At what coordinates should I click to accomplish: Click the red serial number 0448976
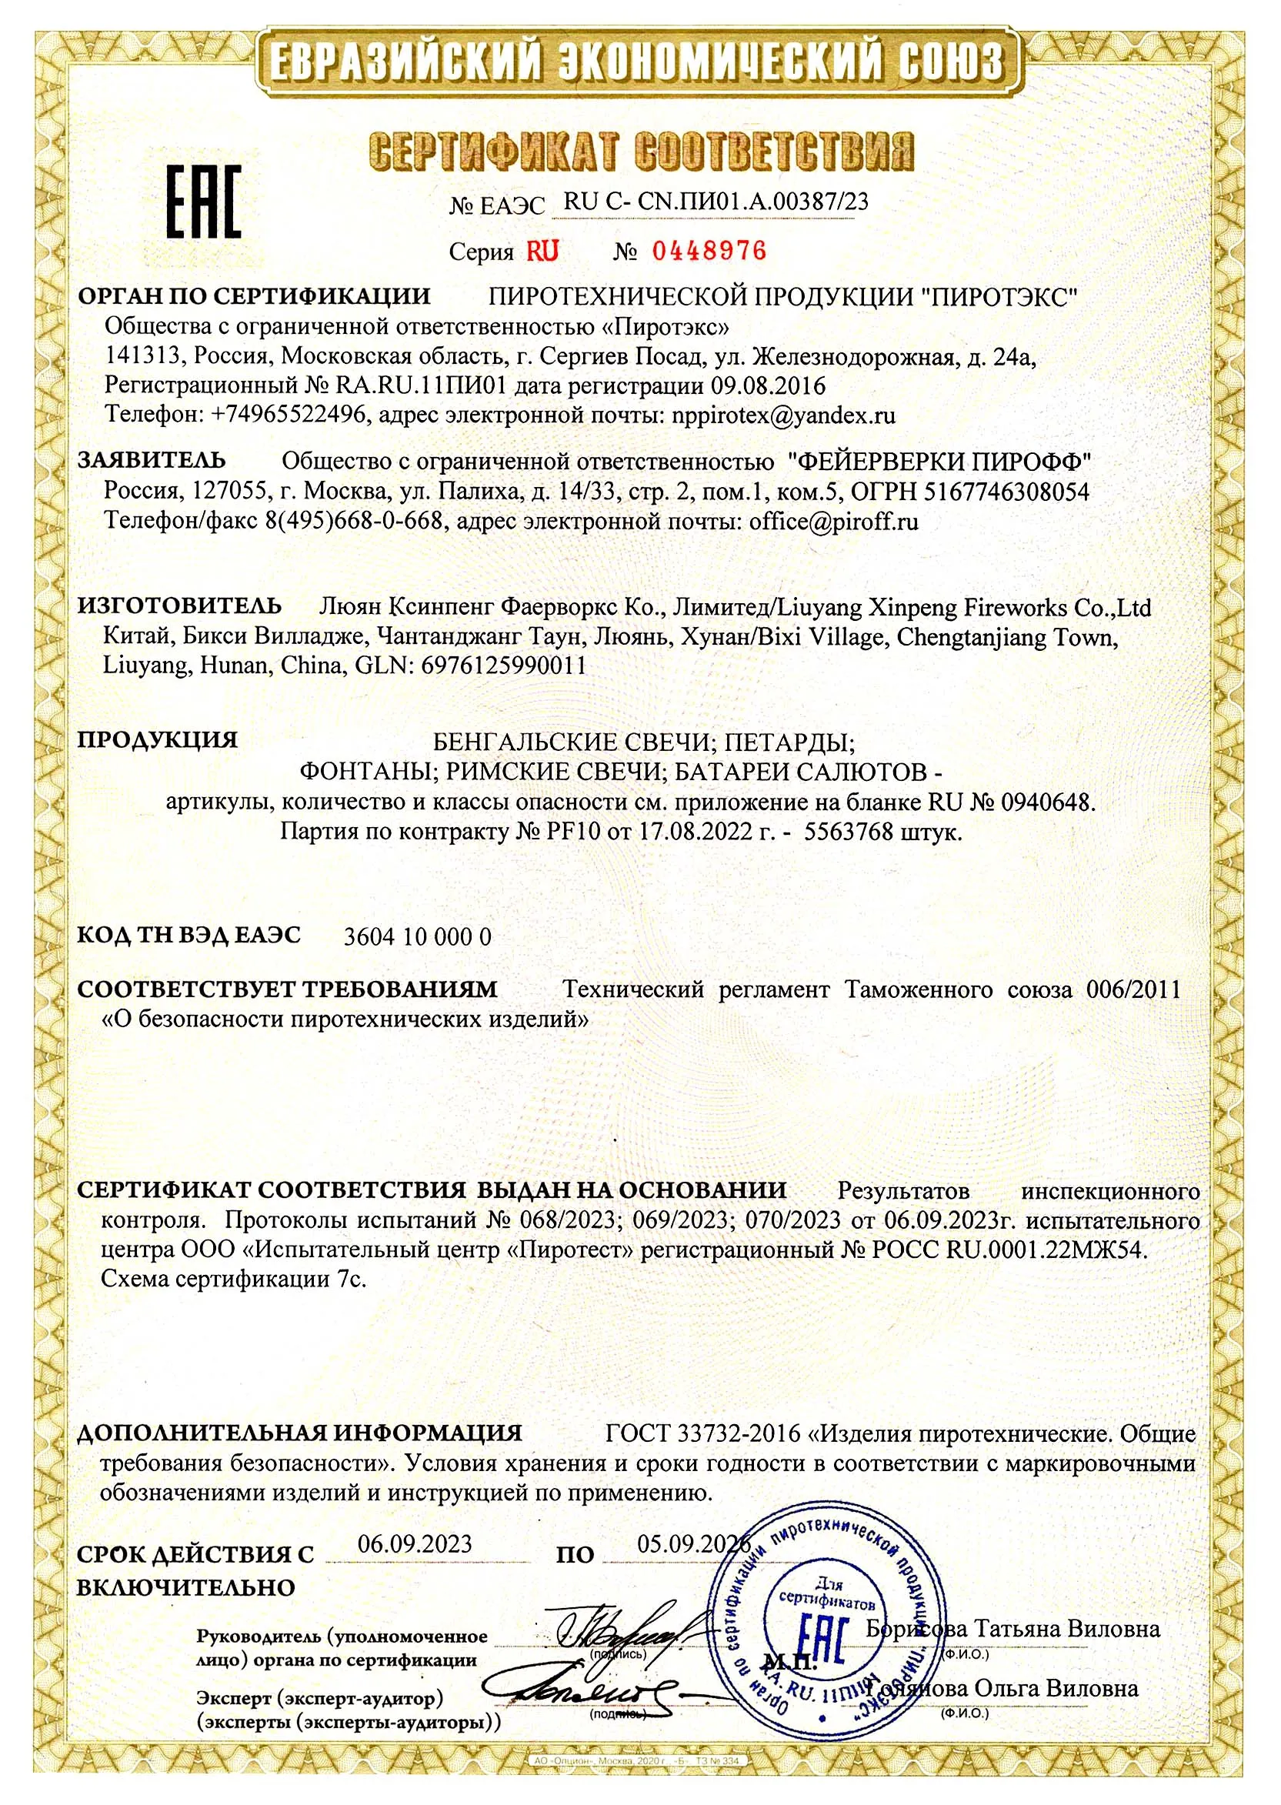[709, 251]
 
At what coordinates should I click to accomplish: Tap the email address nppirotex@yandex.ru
[783, 415]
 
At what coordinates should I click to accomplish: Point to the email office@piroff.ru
[834, 522]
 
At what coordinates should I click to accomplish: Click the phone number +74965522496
[288, 415]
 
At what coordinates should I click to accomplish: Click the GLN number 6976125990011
[504, 665]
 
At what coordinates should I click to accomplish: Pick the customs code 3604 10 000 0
[417, 936]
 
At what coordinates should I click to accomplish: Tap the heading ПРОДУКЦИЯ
[157, 740]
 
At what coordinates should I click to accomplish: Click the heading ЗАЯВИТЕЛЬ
[152, 460]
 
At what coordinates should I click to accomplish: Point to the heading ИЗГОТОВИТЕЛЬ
[179, 606]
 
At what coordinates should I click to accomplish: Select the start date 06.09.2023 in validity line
[415, 1543]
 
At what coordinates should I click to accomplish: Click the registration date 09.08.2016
[769, 385]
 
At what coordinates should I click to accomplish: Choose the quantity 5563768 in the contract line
[848, 832]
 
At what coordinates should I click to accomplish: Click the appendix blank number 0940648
[1047, 802]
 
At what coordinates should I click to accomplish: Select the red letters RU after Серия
[542, 251]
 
